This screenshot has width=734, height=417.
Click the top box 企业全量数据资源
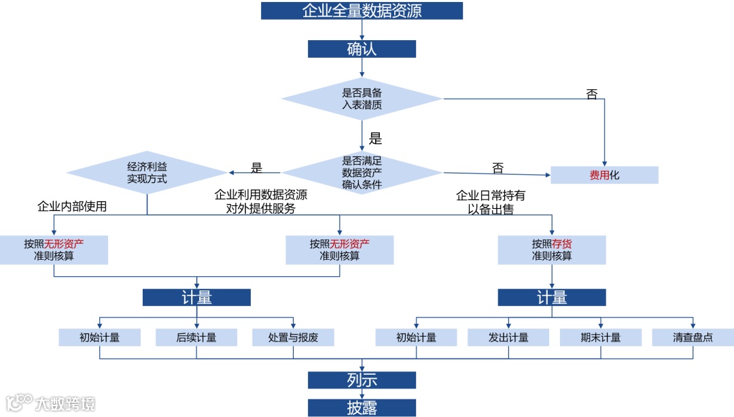click(x=362, y=11)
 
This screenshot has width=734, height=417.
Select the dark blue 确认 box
click(x=362, y=49)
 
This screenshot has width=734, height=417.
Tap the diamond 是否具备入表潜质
click(x=362, y=99)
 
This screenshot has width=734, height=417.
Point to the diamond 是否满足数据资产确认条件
click(x=362, y=173)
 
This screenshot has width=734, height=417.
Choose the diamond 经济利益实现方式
click(x=147, y=173)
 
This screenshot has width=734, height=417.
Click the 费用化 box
click(x=604, y=175)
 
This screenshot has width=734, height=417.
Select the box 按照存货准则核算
click(x=551, y=250)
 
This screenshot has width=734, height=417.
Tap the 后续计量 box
click(x=196, y=337)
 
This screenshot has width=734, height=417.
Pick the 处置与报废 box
click(x=293, y=337)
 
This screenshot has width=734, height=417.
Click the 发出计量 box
click(x=508, y=337)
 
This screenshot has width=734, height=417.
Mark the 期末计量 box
click(x=600, y=337)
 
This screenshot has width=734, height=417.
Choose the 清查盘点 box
click(x=693, y=337)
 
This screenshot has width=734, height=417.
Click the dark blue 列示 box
click(x=362, y=380)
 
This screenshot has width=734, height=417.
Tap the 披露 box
click(x=362, y=407)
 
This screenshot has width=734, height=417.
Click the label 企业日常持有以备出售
click(x=490, y=203)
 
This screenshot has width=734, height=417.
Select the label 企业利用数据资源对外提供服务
click(x=261, y=202)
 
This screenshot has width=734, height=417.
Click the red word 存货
click(x=561, y=244)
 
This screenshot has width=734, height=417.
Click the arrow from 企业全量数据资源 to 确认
click(x=362, y=29)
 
